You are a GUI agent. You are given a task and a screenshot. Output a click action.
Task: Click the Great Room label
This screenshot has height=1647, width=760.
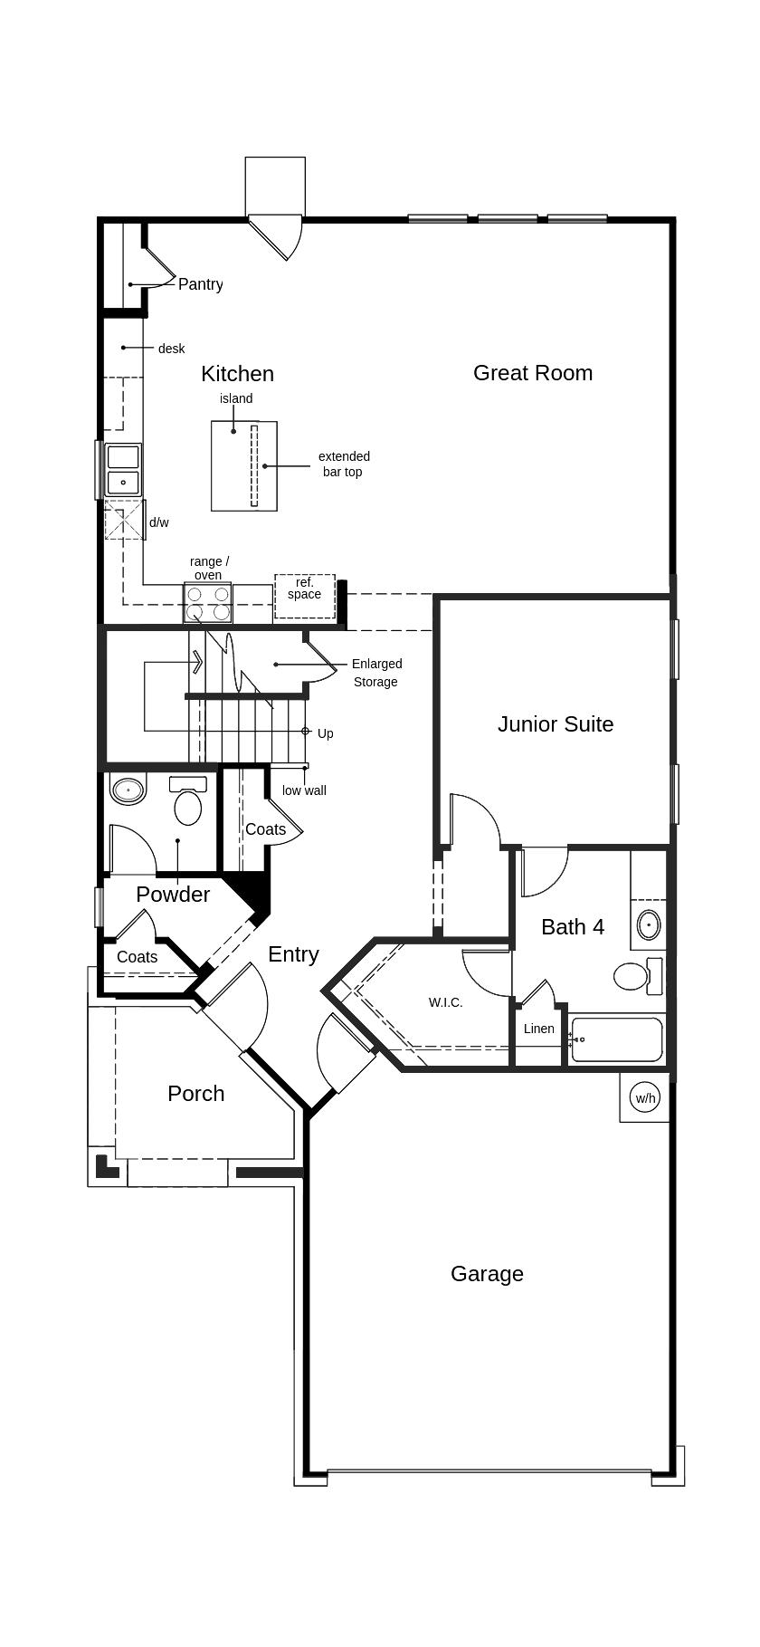533,373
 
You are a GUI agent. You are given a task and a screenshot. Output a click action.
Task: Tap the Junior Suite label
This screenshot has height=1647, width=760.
556,724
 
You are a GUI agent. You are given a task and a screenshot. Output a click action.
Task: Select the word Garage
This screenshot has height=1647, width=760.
487,1274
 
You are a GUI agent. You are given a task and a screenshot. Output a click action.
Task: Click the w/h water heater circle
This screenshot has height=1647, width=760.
645,1098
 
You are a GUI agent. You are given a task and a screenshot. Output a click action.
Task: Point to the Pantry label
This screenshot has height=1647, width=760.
200,284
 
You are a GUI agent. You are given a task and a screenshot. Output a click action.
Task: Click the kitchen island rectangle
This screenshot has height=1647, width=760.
244,466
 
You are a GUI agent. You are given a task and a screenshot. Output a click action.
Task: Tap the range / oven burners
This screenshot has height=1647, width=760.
207,603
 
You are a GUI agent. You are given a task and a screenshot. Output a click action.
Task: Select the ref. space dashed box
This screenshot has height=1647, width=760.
305,596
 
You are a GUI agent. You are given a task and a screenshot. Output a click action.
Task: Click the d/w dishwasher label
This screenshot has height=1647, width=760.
159,522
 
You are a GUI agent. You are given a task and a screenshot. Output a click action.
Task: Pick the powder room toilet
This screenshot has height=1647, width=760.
187,801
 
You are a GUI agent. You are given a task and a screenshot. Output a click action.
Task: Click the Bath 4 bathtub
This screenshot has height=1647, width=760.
617,1039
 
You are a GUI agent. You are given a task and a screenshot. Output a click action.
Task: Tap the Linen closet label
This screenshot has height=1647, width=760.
539,1029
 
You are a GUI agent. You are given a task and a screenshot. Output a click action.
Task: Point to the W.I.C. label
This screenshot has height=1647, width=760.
446,1002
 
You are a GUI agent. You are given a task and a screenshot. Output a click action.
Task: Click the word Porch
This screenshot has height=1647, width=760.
196,1094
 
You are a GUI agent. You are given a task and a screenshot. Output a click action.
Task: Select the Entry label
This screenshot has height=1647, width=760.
293,954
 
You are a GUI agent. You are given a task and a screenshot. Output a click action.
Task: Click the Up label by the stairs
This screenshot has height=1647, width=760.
326,733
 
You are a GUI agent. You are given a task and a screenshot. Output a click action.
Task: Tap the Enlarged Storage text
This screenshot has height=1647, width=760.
376,673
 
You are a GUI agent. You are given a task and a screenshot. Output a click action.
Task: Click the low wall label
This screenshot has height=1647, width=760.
304,790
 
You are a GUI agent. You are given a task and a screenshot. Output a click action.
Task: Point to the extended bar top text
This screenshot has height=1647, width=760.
344,464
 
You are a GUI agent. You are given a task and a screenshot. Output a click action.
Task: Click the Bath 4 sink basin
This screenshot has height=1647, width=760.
649,925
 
